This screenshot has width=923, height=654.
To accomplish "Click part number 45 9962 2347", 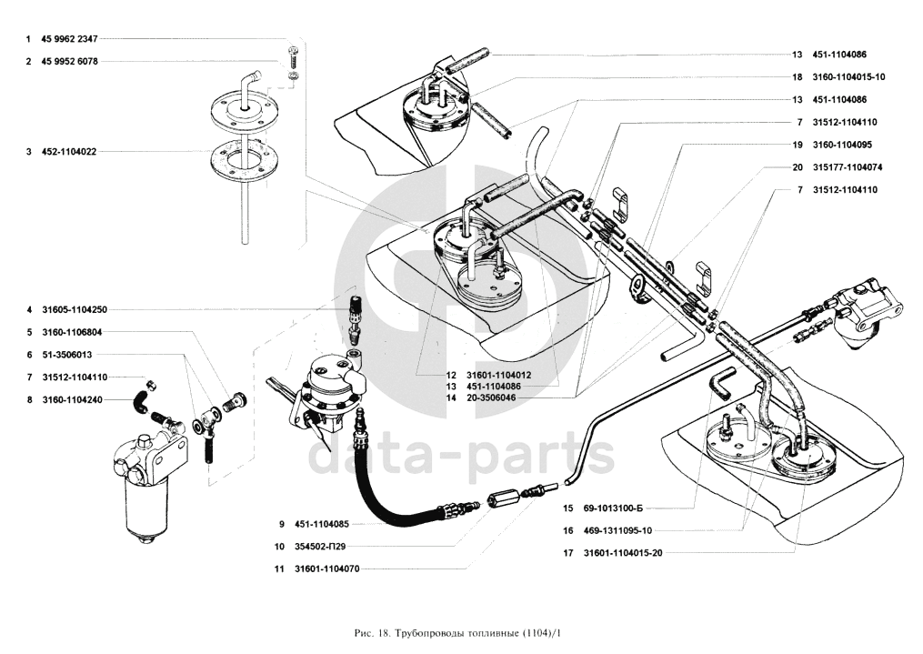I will tap(69, 39).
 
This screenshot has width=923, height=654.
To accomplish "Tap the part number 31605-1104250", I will tap(74, 310).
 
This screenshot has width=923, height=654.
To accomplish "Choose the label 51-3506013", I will tap(66, 354).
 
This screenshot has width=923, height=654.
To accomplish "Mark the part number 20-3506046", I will tap(491, 398).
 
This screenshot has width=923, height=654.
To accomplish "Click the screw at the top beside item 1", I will tap(293, 56).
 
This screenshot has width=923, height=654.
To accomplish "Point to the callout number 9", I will tap(283, 525).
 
